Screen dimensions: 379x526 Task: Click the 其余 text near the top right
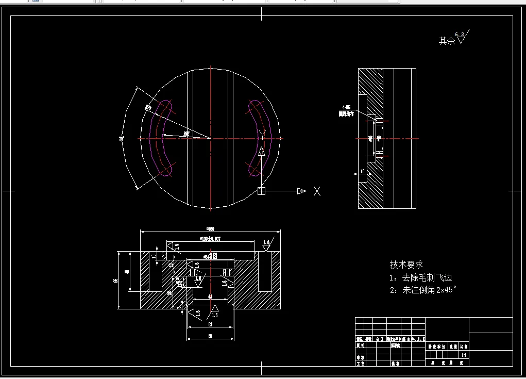[447, 40]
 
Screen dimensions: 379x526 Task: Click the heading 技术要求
[406, 265]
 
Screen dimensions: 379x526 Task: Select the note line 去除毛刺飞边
[427, 277]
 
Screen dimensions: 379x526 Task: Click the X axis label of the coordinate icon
[317, 191]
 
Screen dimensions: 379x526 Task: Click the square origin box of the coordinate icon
[261, 191]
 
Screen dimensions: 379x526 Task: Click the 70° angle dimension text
[122, 138]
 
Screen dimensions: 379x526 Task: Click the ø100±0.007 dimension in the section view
[210, 239]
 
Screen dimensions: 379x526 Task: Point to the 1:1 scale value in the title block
[464, 355]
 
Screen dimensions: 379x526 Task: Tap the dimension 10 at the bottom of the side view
[363, 171]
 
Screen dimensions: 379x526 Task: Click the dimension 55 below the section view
[210, 336]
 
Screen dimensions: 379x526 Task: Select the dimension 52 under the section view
[210, 325]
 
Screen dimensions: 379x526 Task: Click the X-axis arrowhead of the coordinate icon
[301, 191]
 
